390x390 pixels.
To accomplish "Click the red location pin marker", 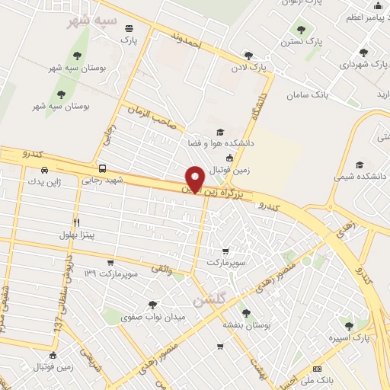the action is point(195,178).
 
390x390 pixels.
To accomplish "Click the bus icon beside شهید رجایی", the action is point(102,169).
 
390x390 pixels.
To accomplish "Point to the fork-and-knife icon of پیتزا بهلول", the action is point(76,222).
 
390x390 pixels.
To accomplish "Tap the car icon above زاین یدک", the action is point(44,169).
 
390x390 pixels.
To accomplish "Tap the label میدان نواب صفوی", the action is point(149,316).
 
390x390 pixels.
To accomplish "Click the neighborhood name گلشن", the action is point(209,300).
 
